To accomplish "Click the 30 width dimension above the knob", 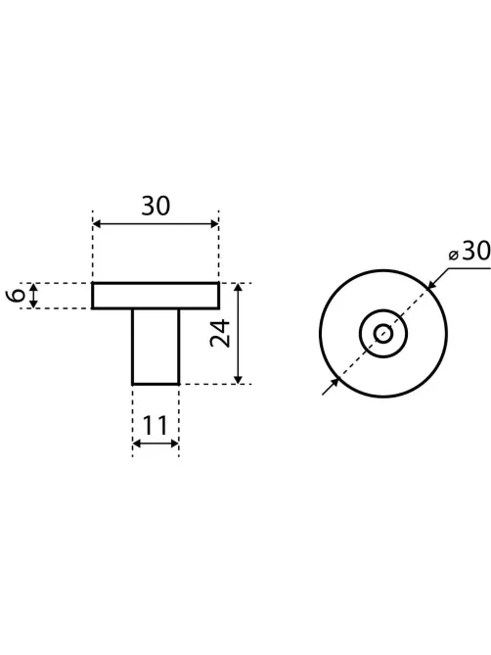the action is [x=156, y=206].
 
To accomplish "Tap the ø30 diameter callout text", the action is [x=469, y=252].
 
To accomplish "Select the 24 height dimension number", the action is [x=220, y=333].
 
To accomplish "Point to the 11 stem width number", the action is [x=155, y=425].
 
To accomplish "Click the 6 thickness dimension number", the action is [x=16, y=296].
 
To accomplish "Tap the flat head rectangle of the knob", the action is [x=156, y=296].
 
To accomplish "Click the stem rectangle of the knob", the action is [x=156, y=347].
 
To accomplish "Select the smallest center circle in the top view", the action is [x=383, y=334].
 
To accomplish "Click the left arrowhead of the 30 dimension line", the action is [x=97, y=224].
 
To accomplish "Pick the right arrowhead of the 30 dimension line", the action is [x=214, y=224].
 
